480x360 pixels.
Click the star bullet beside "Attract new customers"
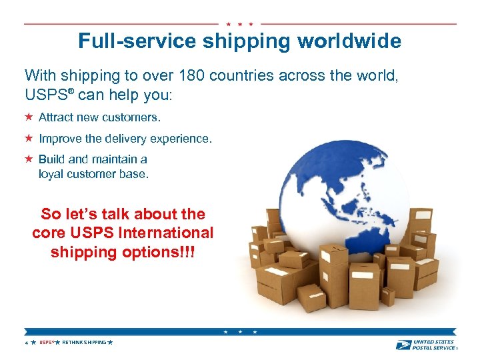(x=29, y=117)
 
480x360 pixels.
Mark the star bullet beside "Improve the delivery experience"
(x=29, y=139)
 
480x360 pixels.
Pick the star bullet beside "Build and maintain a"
(x=29, y=159)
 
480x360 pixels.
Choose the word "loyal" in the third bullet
(x=51, y=174)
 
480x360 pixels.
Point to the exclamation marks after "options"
(x=188, y=253)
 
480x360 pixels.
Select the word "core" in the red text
(x=48, y=233)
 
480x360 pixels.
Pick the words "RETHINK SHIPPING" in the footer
(x=84, y=342)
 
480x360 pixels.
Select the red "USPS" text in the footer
(x=45, y=342)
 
